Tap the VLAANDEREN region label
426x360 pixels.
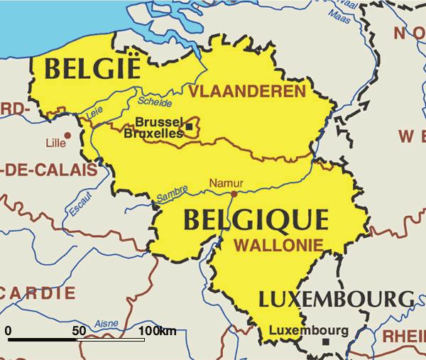pyautogui.click(x=246, y=91)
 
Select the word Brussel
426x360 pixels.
pyautogui.click(x=158, y=121)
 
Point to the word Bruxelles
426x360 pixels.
pyautogui.click(x=153, y=133)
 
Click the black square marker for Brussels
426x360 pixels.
pyautogui.click(x=190, y=126)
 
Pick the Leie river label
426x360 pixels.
pyautogui.click(x=94, y=113)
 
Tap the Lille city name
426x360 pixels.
pyautogui.click(x=55, y=143)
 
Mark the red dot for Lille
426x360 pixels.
pyautogui.click(x=68, y=135)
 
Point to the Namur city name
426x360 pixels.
pyautogui.click(x=226, y=183)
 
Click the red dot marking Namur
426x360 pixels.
pyautogui.click(x=234, y=192)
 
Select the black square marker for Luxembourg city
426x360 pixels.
pyautogui.click(x=326, y=342)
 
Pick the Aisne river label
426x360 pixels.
pyautogui.click(x=106, y=324)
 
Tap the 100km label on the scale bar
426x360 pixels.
pyautogui.click(x=157, y=331)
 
